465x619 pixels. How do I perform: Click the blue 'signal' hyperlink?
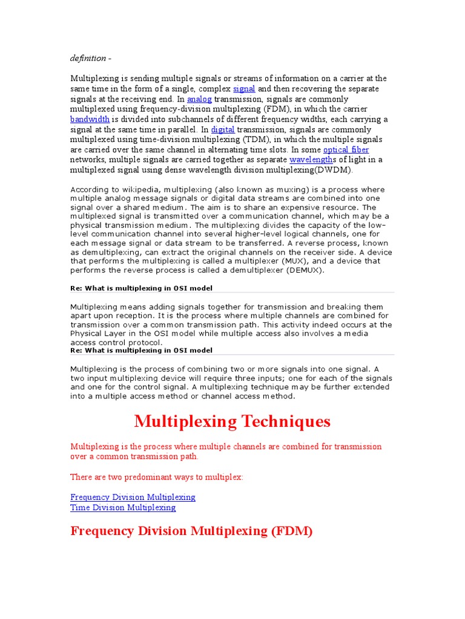pyautogui.click(x=244, y=89)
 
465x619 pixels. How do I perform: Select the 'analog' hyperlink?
pyautogui.click(x=199, y=99)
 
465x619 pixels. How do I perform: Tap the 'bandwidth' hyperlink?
pyautogui.click(x=90, y=120)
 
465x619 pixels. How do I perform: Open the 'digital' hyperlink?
pyautogui.click(x=222, y=130)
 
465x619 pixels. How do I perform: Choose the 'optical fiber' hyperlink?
pyautogui.click(x=346, y=150)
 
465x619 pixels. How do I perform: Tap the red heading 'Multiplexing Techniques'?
pyautogui.click(x=232, y=421)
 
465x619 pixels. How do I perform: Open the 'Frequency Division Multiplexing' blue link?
pyautogui.click(x=133, y=497)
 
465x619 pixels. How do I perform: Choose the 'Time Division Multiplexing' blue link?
pyautogui.click(x=123, y=507)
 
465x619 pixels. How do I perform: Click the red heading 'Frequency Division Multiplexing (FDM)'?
pyautogui.click(x=191, y=531)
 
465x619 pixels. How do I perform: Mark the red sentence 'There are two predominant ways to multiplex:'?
pyautogui.click(x=157, y=477)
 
